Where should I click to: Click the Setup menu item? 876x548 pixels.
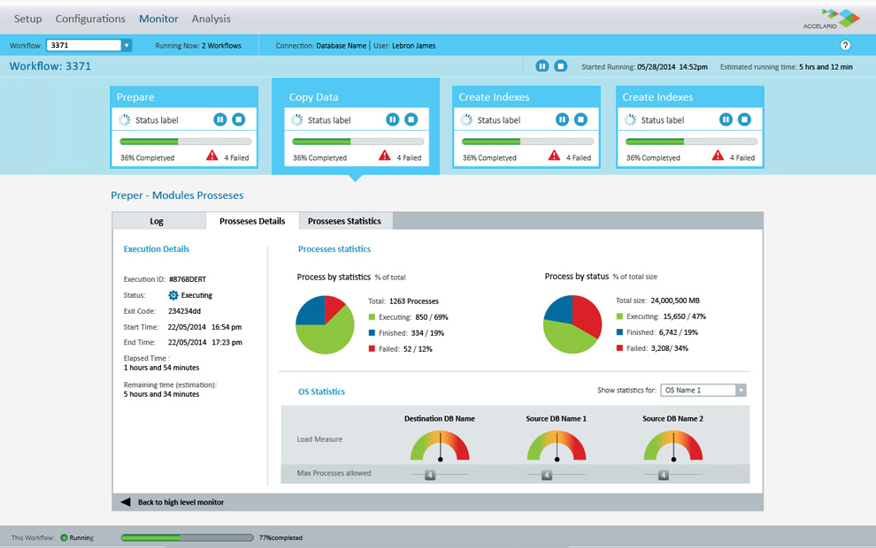(27, 19)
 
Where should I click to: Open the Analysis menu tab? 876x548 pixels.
(211, 19)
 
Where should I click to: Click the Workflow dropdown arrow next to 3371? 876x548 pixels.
(127, 45)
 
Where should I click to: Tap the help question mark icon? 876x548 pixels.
(845, 45)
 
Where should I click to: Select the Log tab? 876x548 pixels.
(157, 221)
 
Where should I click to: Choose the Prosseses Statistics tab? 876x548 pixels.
(344, 221)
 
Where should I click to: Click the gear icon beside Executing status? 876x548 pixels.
(173, 295)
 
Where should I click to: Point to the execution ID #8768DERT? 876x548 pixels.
(187, 279)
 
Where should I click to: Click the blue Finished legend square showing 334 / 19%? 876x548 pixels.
(373, 333)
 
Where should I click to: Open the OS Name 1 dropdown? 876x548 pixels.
(703, 391)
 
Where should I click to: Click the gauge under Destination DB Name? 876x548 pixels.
(440, 445)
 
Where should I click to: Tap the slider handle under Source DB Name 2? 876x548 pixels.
(664, 475)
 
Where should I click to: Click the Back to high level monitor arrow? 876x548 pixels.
(126, 502)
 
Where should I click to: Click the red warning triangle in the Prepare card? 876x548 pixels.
(212, 156)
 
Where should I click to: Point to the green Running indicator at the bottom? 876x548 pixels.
(64, 537)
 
